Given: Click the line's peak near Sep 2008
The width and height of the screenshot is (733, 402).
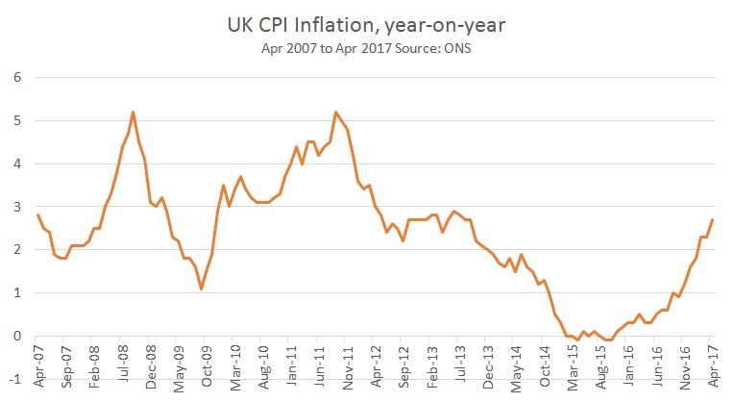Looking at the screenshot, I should pos(133,112).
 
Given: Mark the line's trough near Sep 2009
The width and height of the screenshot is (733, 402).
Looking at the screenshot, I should pos(201,289).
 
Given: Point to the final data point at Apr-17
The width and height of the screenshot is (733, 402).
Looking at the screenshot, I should pos(712,219).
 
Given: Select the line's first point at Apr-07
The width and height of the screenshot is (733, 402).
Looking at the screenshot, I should pos(37,215).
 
